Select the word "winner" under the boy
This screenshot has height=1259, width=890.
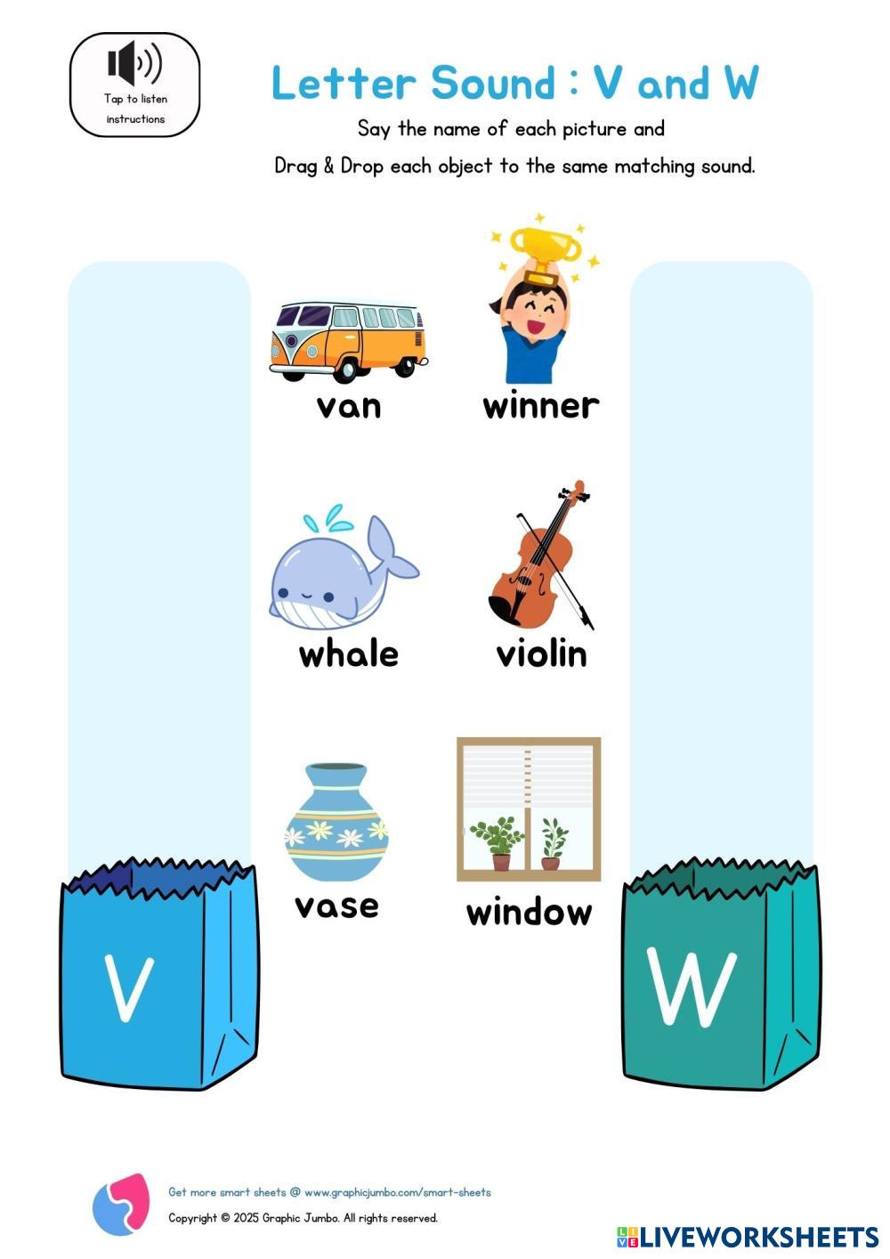coord(540,406)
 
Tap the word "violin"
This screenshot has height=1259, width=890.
coord(541,654)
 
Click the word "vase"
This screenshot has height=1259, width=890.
coord(336,906)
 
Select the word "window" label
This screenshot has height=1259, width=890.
coord(529,913)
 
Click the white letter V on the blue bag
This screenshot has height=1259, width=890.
coord(128,988)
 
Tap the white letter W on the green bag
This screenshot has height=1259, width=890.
coord(692,988)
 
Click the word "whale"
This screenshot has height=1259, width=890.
coord(348,654)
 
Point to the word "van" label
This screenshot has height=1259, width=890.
coord(348,406)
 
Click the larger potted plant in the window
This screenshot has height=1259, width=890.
coord(498,841)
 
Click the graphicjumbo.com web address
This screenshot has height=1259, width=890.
coord(397,1192)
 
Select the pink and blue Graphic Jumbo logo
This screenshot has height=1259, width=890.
coord(121,1204)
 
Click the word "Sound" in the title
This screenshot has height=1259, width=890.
coord(492,84)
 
